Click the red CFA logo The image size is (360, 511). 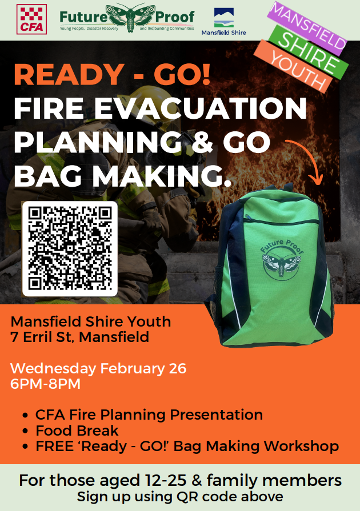coord(31,19)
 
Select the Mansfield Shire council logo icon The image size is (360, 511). coord(223,18)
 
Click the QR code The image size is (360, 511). coord(70,249)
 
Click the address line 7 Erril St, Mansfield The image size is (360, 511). coord(79,337)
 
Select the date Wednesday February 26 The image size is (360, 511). coord(98,368)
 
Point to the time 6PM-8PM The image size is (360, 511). coord(45,384)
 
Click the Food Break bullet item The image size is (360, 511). coord(77,430)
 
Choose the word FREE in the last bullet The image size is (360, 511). coord(54,446)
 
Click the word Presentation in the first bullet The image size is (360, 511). coord(216,415)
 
